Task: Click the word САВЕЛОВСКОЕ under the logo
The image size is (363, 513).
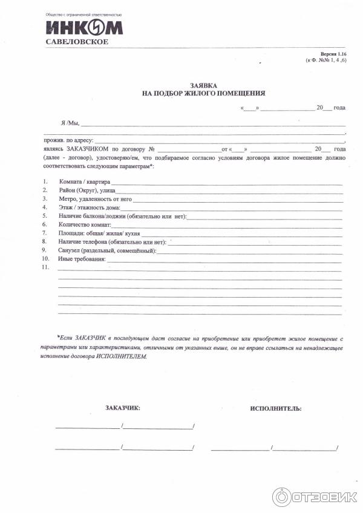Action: tap(77, 42)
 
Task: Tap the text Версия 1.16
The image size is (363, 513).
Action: tap(332, 54)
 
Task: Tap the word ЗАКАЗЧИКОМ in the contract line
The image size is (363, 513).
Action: tap(85, 148)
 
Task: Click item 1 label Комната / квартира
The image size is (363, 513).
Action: tap(84, 181)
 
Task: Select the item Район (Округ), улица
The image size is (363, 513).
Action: tap(88, 190)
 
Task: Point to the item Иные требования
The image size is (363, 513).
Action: tap(82, 259)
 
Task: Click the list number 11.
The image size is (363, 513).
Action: tap(45, 267)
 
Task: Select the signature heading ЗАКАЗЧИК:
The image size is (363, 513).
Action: tap(122, 408)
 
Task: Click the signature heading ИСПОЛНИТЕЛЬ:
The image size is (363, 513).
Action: tap(275, 409)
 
